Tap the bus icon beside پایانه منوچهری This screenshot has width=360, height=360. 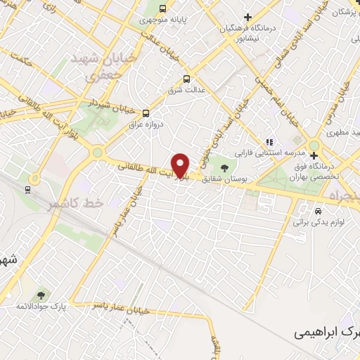tap(163, 9)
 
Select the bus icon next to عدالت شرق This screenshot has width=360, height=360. tap(186, 79)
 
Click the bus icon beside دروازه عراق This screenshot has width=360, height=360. tap(146, 112)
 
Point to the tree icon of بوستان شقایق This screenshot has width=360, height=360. tap(224, 167)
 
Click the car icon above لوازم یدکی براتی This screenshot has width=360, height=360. tap(319, 210)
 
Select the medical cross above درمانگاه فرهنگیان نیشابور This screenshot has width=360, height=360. tap(247, 17)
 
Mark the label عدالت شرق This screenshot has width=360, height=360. tap(185, 91)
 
